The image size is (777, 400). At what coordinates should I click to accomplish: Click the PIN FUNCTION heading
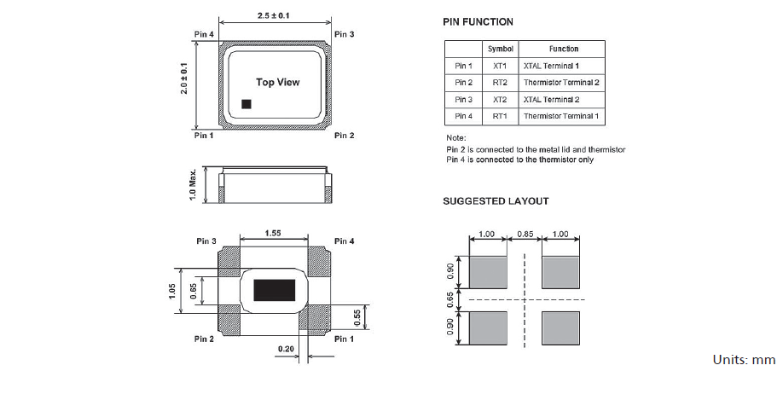coord(478,21)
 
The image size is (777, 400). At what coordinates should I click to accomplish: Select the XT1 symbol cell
coord(499,66)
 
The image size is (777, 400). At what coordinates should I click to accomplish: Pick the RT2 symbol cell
coord(499,83)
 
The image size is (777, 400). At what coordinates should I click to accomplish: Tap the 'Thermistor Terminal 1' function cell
coord(561,116)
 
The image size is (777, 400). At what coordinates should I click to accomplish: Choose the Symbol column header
coord(499,49)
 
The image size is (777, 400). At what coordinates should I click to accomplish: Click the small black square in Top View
coord(246,104)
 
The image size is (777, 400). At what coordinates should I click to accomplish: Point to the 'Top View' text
coord(278,83)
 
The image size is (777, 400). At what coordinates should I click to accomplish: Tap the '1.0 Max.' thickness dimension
coord(194,184)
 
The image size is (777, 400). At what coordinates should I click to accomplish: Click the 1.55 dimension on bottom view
coord(273,232)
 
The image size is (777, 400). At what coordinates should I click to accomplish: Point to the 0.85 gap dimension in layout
coord(525,234)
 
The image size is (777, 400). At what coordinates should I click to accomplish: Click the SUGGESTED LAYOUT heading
coord(496,201)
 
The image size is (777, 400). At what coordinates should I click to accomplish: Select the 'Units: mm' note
coord(743,360)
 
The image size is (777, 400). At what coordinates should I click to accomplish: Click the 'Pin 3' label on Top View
coord(344,34)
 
